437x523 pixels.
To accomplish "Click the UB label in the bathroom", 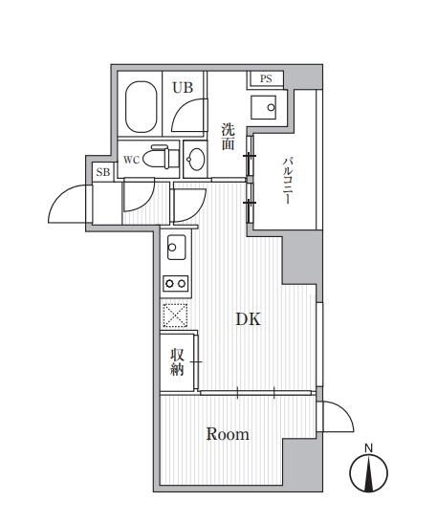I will [183, 87].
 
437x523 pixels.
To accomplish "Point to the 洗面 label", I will [229, 137].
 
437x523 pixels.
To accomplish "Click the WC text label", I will [132, 160].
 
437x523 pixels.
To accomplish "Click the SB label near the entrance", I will [101, 173].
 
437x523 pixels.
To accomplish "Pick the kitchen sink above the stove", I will [177, 249].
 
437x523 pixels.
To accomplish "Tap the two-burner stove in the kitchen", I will [176, 282].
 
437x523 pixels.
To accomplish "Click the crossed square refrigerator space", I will [175, 315].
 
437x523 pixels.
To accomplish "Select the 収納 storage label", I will [178, 362].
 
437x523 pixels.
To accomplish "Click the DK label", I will [248, 321].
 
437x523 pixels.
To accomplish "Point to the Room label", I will [228, 435].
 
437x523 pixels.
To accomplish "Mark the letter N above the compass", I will [369, 446].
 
